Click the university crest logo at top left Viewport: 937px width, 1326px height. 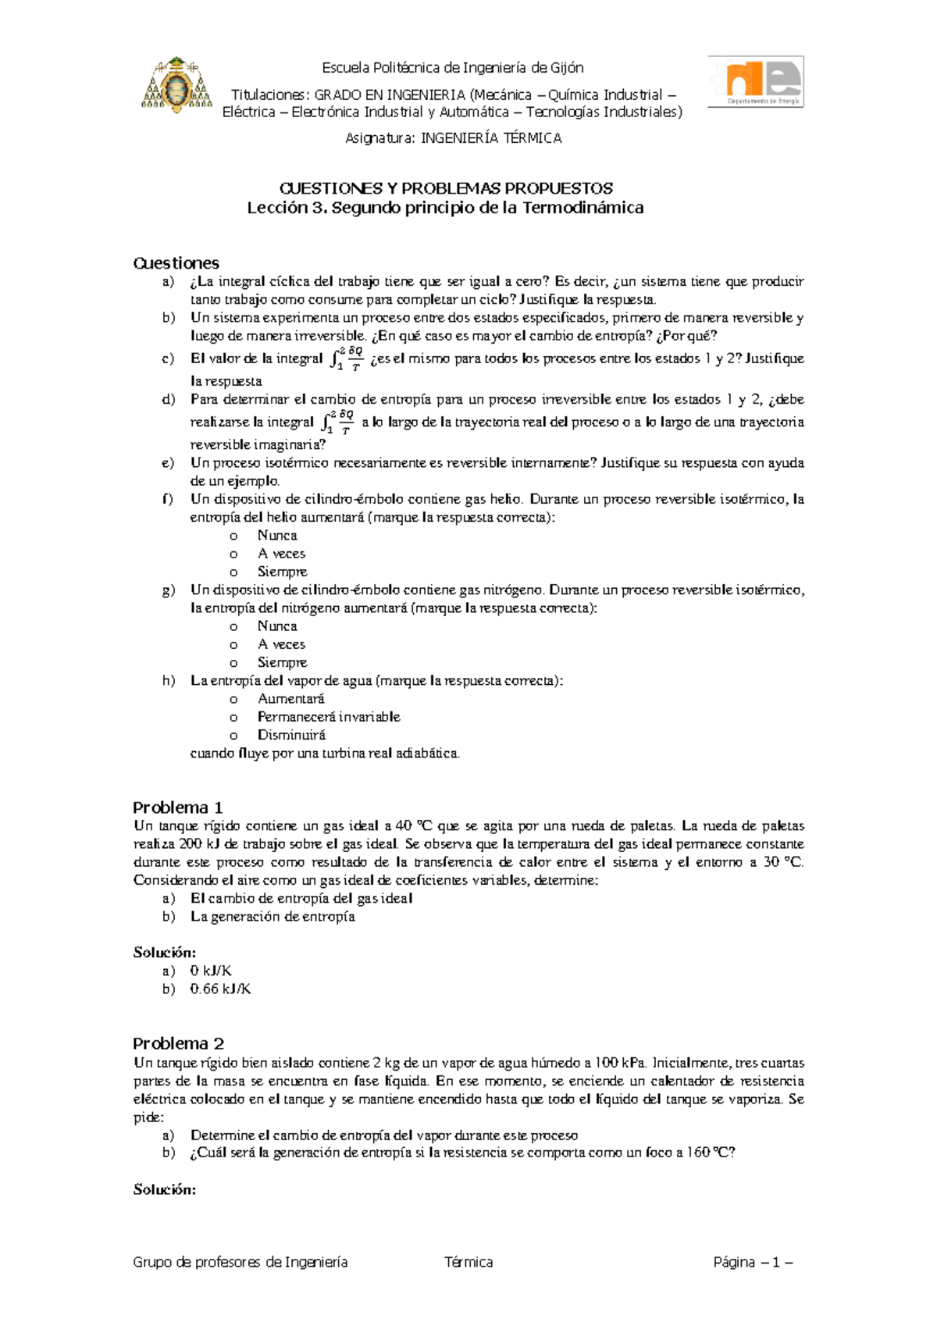click(176, 85)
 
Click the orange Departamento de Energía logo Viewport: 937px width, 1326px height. click(755, 81)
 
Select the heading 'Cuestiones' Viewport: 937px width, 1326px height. click(176, 263)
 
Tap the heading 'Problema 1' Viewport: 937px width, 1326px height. click(178, 807)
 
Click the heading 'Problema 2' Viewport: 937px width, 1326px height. click(178, 1043)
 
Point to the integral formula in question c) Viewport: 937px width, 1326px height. click(346, 359)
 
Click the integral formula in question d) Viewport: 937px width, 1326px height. click(337, 422)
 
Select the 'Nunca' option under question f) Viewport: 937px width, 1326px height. click(277, 536)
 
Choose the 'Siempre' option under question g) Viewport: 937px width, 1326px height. click(282, 662)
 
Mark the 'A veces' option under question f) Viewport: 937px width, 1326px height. click(281, 554)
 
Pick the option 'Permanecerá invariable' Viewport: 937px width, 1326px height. click(329, 717)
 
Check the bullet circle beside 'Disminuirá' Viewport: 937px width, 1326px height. click(233, 736)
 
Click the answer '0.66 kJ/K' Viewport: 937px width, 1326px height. click(220, 989)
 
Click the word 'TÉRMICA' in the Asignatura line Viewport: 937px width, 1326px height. click(532, 138)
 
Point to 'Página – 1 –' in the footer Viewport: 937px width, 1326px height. click(753, 1262)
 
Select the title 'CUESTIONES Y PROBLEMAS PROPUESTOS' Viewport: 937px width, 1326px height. click(446, 188)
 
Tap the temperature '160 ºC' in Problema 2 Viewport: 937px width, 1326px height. click(711, 1153)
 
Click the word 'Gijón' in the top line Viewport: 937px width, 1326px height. click(567, 68)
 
